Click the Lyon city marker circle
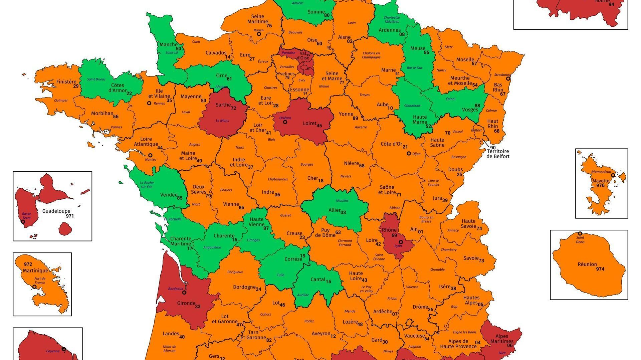click(x=401, y=242)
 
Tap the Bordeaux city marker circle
click(x=184, y=293)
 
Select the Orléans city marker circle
click(x=285, y=122)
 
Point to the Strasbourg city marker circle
click(x=508, y=79)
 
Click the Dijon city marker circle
click(x=409, y=154)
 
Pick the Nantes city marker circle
click(x=150, y=155)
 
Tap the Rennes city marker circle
click(x=149, y=103)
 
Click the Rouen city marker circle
click(x=259, y=34)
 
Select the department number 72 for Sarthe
click(x=234, y=108)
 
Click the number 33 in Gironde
click(x=198, y=307)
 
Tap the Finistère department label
click(x=66, y=82)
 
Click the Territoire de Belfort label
click(x=498, y=154)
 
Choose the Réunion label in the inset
click(x=587, y=264)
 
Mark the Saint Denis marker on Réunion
click(x=580, y=233)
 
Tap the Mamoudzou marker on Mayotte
click(x=613, y=175)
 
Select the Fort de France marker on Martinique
click(x=34, y=287)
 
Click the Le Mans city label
click(x=222, y=121)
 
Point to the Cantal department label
click(x=318, y=280)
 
